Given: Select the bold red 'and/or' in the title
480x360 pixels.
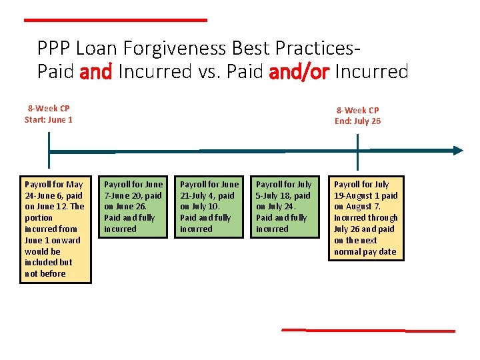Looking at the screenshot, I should coord(299,71).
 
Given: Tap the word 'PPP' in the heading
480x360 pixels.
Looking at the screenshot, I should coord(54,49).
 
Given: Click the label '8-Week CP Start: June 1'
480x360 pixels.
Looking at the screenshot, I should coord(49,114).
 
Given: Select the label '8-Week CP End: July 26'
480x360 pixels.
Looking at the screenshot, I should coord(357,115).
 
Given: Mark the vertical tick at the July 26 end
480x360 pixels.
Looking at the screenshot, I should coord(358,152).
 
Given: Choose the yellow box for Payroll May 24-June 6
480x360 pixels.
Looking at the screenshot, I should coord(55,229).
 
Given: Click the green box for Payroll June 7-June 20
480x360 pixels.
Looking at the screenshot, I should coord(133,207).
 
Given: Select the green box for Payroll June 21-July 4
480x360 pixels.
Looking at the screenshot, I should coord(209,207).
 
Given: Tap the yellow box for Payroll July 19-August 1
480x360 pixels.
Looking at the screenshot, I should coord(366,218).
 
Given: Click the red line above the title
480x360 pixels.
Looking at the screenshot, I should coord(115,21).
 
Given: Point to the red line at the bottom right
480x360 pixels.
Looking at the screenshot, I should coord(368,330).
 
